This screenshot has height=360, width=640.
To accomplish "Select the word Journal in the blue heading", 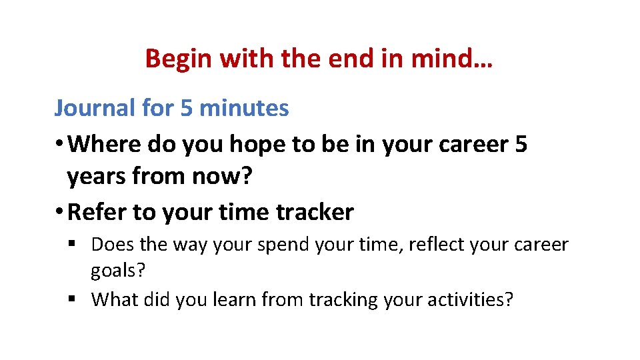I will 94,108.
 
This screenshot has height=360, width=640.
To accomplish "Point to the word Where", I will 104,143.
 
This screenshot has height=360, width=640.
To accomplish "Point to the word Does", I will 112,245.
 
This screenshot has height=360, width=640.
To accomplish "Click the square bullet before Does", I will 71,245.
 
